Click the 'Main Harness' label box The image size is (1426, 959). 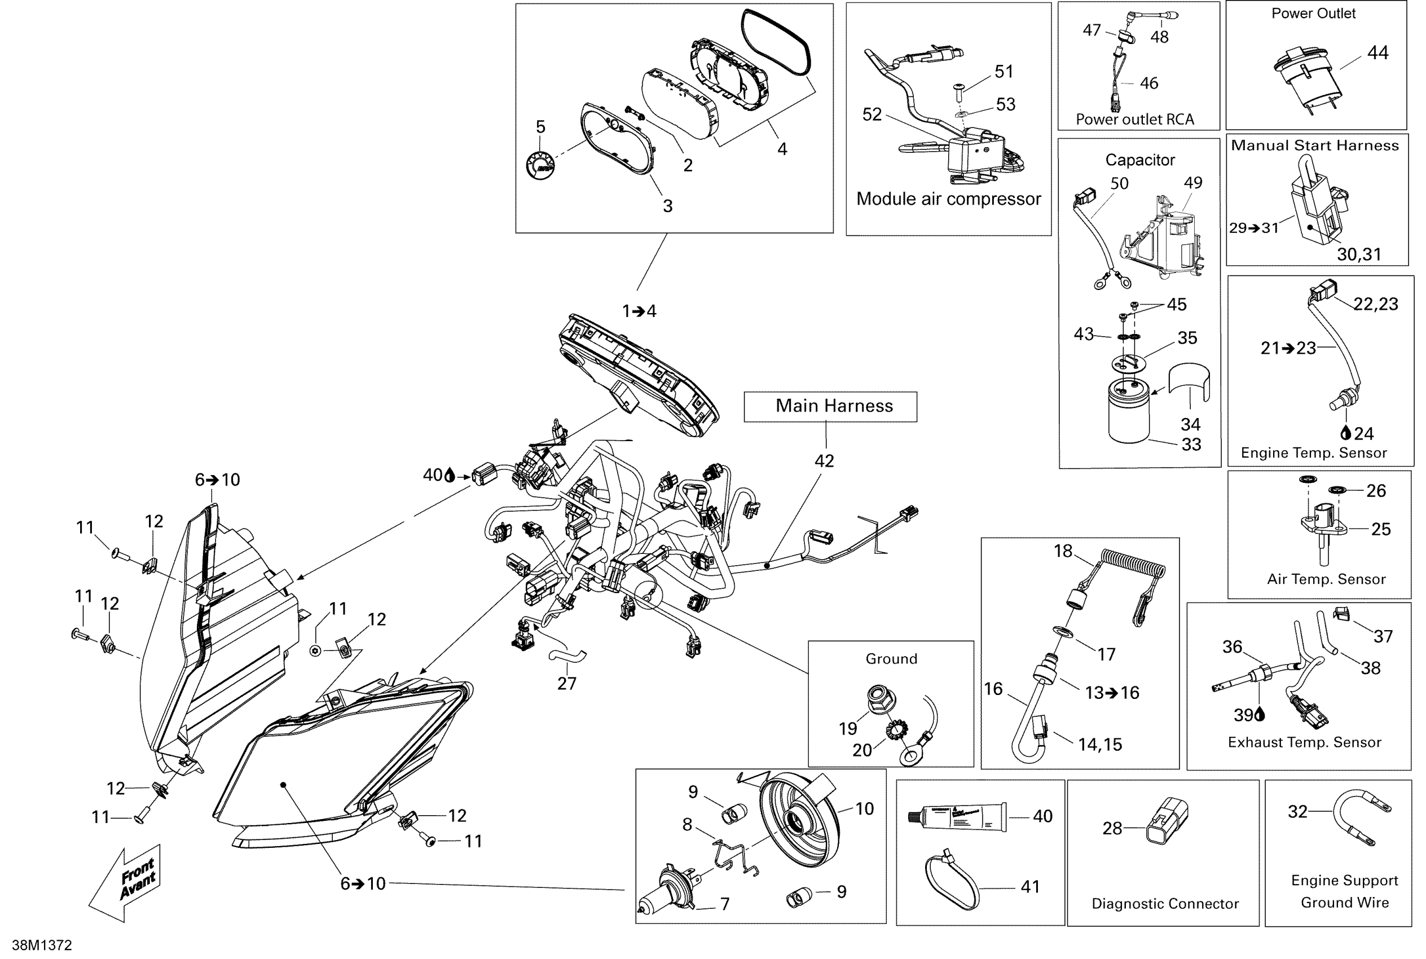click(830, 407)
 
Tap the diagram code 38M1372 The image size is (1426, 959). click(42, 945)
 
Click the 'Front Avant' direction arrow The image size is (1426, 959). click(125, 883)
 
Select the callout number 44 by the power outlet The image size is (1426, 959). click(1377, 53)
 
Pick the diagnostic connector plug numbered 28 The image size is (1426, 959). click(1169, 821)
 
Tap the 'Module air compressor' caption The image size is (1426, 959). click(948, 199)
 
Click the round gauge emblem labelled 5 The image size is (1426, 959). click(540, 165)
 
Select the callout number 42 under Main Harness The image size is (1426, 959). click(824, 461)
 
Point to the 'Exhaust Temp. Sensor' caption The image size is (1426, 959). click(1304, 742)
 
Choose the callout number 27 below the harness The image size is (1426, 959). click(567, 683)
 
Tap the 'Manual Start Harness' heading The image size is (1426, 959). click(1315, 146)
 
